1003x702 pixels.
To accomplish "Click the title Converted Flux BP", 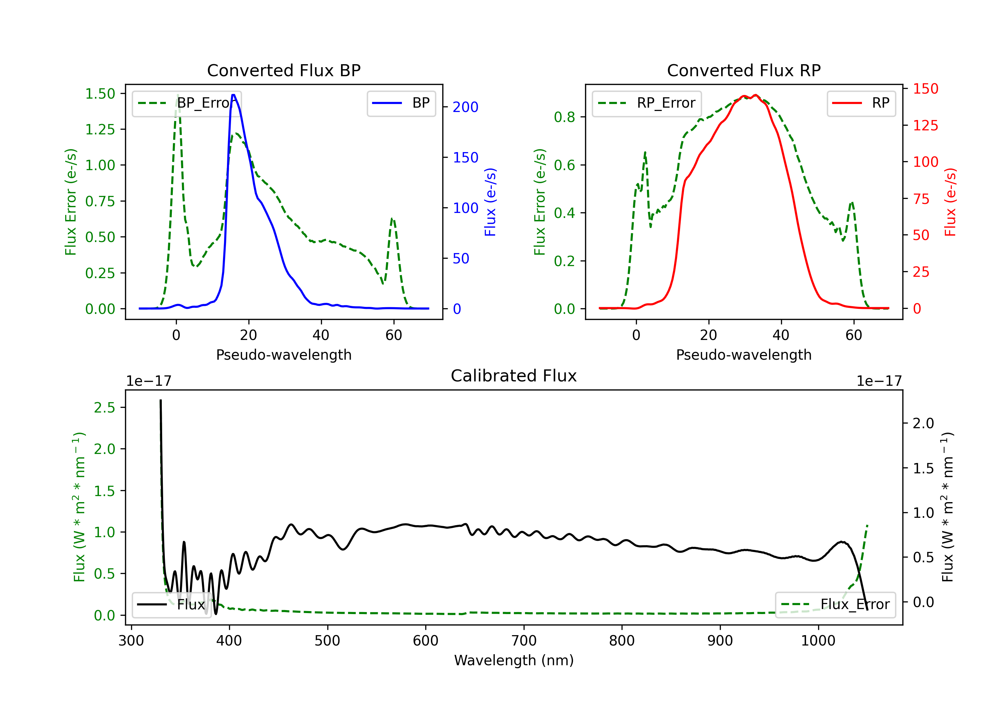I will click(284, 70).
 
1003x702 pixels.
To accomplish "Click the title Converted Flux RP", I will click(744, 70).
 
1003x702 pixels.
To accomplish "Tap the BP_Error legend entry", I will click(187, 103).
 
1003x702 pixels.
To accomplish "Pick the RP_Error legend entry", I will click(647, 103).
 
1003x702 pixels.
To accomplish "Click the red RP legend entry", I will click(861, 103).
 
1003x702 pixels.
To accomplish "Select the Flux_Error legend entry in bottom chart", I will click(835, 605).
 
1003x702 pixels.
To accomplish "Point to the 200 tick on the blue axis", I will click(465, 107).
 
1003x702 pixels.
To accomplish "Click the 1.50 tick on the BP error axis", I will click(100, 94).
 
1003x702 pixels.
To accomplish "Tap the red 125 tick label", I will click(925, 126).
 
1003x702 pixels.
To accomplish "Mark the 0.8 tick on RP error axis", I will click(564, 117).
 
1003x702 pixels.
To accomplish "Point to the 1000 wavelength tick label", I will click(818, 641).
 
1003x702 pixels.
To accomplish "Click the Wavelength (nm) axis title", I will click(514, 660).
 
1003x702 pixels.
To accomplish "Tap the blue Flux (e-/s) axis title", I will click(490, 202).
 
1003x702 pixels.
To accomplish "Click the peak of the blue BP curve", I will click(234, 95).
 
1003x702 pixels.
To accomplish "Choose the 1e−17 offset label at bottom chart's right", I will click(879, 381).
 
